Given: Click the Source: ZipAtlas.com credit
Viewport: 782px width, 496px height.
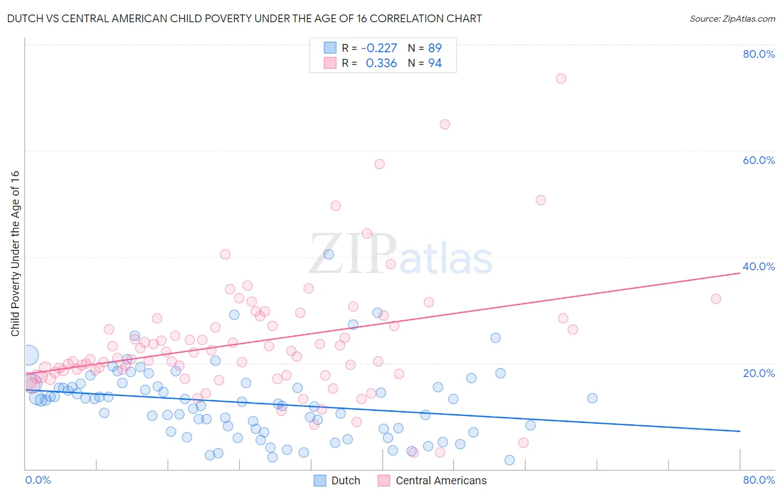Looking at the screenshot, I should pyautogui.click(x=732, y=18).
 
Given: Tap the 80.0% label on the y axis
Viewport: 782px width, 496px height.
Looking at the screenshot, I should pyautogui.click(x=759, y=54).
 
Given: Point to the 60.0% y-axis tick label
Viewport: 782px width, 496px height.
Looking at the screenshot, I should pyautogui.click(x=759, y=160).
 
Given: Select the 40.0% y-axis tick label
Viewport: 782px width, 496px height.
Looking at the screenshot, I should pyautogui.click(x=759, y=266).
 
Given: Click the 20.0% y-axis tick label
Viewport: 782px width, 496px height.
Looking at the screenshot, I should pyautogui.click(x=759, y=373).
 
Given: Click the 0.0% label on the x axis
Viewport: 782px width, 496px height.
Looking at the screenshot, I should pyautogui.click(x=38, y=480).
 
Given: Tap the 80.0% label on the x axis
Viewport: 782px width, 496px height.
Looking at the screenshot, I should pyautogui.click(x=759, y=480).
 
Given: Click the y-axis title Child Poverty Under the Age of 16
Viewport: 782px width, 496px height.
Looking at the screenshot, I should pyautogui.click(x=15, y=253).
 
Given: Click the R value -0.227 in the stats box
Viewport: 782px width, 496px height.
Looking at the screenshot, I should pyautogui.click(x=379, y=48).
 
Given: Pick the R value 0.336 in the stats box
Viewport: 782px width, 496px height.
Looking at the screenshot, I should pyautogui.click(x=381, y=63).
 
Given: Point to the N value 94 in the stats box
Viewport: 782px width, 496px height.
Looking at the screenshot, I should pyautogui.click(x=434, y=63).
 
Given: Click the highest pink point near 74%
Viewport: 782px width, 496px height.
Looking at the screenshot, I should pyautogui.click(x=561, y=78).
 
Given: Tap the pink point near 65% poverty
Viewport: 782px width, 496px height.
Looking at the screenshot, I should pyautogui.click(x=444, y=125).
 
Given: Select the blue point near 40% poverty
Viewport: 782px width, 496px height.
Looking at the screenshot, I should pyautogui.click(x=329, y=254).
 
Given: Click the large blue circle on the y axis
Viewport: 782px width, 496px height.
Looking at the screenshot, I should pyautogui.click(x=29, y=355).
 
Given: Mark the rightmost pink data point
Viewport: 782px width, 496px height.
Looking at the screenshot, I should pyautogui.click(x=716, y=299).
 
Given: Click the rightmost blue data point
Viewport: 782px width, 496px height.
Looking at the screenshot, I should pyautogui.click(x=592, y=398).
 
